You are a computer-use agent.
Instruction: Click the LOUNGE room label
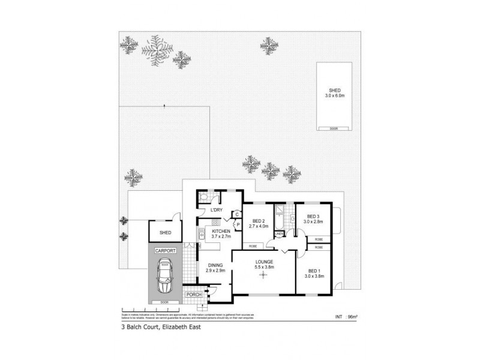(x=264, y=262)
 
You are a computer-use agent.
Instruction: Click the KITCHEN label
(x=221, y=231)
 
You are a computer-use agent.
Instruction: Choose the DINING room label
(x=215, y=265)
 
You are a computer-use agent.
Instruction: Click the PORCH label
(x=194, y=295)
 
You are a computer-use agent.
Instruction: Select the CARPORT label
(x=164, y=250)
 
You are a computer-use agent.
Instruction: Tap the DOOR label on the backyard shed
(x=334, y=128)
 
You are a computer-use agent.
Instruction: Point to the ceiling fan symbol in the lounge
(x=262, y=275)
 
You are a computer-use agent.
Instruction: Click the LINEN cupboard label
(x=280, y=233)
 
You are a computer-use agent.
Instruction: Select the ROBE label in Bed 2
(x=254, y=246)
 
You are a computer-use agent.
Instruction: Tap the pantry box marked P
(x=238, y=225)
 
